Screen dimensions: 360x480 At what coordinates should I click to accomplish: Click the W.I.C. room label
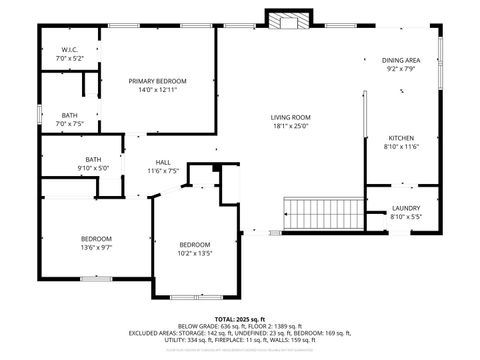click(69, 49)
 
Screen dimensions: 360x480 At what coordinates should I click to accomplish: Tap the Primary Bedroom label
click(157, 81)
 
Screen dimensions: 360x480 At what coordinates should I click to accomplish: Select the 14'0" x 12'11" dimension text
click(157, 90)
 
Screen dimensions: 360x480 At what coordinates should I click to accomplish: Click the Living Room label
click(291, 117)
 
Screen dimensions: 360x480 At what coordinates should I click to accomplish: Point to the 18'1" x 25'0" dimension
click(291, 126)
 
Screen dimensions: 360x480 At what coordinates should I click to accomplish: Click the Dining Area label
click(401, 61)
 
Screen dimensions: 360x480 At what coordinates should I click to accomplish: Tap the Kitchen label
click(401, 138)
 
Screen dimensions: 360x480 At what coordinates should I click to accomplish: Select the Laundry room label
click(406, 208)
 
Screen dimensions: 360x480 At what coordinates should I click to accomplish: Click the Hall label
click(163, 162)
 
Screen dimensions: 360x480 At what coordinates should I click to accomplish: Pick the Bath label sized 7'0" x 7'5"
click(69, 116)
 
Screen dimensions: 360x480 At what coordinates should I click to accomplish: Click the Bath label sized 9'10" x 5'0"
click(93, 159)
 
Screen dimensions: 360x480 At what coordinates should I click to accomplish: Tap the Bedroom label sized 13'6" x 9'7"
click(96, 237)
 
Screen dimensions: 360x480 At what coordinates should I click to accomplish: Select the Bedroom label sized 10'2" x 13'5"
click(195, 245)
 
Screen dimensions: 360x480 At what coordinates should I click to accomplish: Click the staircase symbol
click(322, 213)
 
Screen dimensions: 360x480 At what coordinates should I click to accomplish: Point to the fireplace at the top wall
click(289, 20)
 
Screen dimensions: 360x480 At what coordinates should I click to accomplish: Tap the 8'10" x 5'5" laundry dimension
click(406, 217)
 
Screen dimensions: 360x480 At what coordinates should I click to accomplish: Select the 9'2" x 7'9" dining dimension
click(401, 70)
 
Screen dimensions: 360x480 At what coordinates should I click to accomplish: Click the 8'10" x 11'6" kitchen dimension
click(401, 147)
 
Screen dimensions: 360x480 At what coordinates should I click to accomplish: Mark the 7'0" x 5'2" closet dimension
click(69, 58)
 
